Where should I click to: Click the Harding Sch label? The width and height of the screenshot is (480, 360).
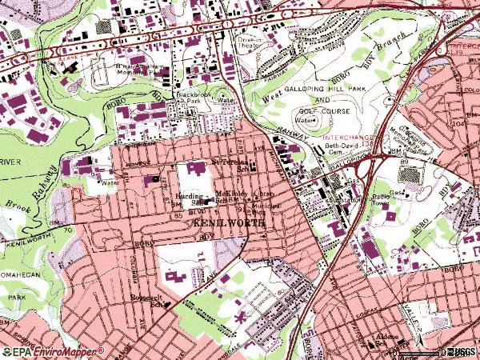click(x=189, y=198)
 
